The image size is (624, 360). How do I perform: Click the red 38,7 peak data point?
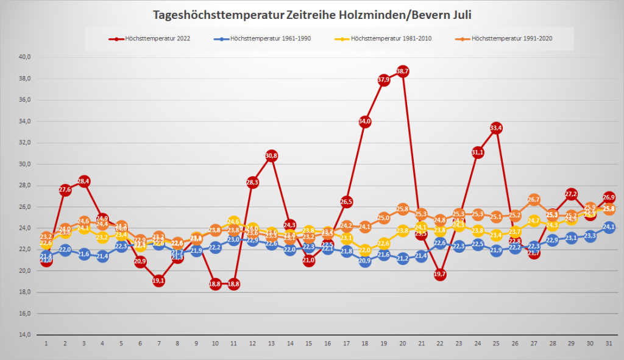tap(402, 71)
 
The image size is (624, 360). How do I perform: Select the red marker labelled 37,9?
tap(383, 80)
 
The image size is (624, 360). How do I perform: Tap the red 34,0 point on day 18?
tap(365, 122)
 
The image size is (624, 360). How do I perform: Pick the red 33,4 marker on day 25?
tap(496, 128)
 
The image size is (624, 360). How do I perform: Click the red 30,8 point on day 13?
tap(271, 156)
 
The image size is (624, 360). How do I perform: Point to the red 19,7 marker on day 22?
tap(440, 274)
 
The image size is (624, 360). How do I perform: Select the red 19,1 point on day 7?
tap(159, 281)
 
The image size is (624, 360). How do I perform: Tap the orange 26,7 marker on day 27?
tap(534, 200)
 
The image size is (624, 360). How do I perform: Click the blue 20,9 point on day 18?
tap(365, 261)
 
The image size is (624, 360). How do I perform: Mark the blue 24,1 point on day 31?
tap(608, 227)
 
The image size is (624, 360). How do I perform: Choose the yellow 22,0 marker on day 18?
tap(365, 250)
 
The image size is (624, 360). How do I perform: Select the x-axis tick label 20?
tap(402, 344)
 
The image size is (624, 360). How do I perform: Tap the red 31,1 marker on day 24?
tap(477, 152)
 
